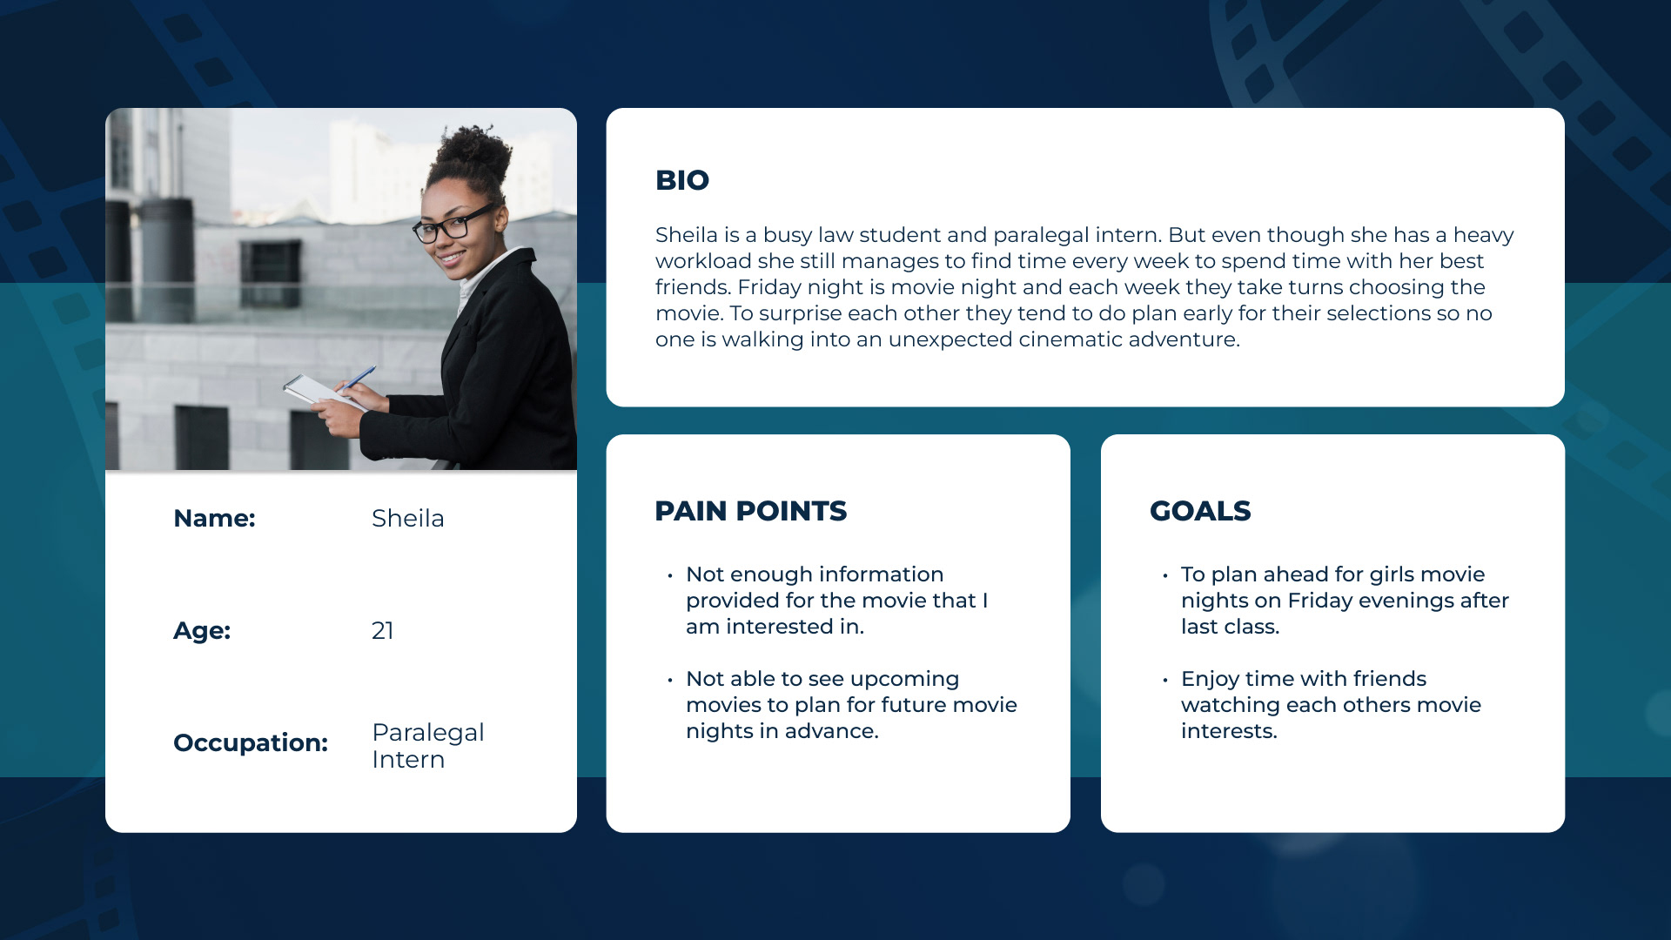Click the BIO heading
pos(682,180)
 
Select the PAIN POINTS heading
pos(750,511)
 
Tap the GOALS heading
pos(1200,511)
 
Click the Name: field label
pos(214,518)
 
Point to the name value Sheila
pos(407,518)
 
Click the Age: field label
pos(202,630)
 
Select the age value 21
pos(382,630)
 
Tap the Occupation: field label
pos(251,742)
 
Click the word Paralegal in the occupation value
pos(427,733)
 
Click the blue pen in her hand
pos(357,379)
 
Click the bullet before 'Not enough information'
pos(670,575)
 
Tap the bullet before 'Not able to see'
pos(670,680)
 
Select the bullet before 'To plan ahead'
pos(1165,575)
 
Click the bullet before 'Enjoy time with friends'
pos(1165,680)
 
